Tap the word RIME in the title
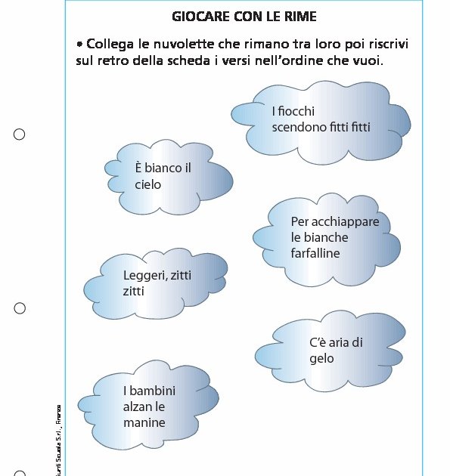click(299, 16)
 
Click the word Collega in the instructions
click(110, 44)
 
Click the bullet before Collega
click(79, 44)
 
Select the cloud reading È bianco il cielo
click(166, 178)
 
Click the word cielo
click(148, 184)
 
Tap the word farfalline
click(315, 253)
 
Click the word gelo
click(321, 359)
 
